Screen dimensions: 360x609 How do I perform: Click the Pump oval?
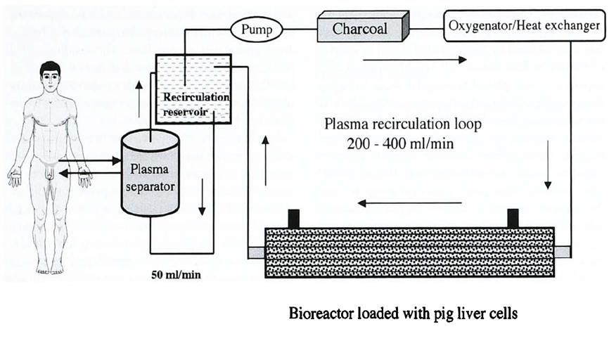[x=256, y=29]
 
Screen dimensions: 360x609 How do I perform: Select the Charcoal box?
[x=361, y=28]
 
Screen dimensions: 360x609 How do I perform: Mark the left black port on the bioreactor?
[x=293, y=218]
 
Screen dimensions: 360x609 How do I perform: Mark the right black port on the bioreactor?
[x=513, y=218]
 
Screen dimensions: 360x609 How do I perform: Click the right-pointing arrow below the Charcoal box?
[x=414, y=60]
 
